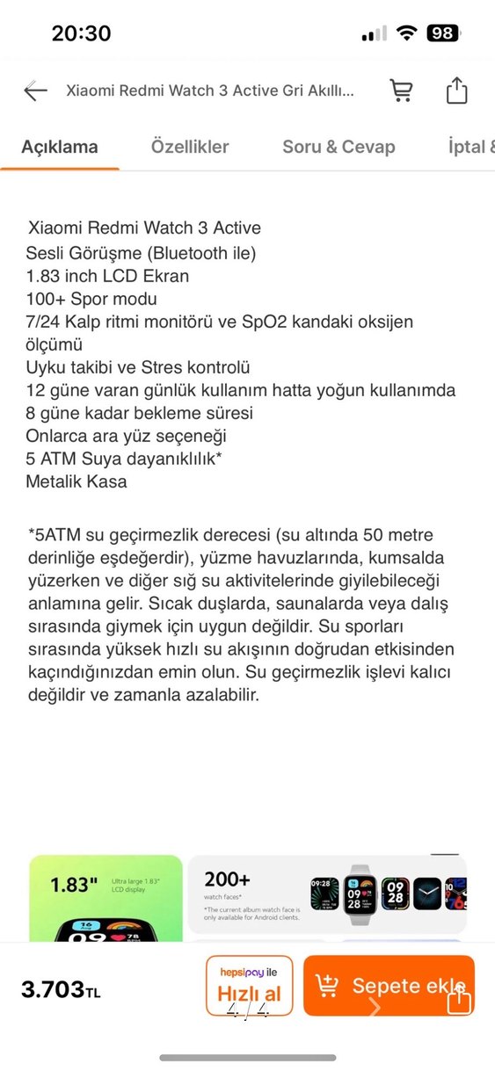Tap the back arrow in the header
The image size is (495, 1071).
(x=35, y=90)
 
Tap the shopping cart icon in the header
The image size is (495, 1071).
(x=401, y=90)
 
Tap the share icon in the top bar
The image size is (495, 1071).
(x=456, y=90)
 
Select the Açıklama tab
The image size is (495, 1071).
(x=60, y=147)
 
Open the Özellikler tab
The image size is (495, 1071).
(x=190, y=147)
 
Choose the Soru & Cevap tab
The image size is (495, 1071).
(x=338, y=147)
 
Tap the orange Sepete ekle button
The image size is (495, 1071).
(x=389, y=986)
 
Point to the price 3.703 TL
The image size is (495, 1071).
(x=61, y=989)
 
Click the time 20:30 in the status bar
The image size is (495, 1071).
(x=81, y=33)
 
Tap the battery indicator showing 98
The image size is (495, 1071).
(x=442, y=33)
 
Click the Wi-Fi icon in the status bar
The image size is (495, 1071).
(x=405, y=33)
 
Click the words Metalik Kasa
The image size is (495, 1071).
(x=76, y=481)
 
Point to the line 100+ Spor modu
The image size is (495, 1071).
(x=91, y=300)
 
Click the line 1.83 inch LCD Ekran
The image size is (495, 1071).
(x=107, y=276)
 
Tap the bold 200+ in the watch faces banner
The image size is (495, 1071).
(x=227, y=879)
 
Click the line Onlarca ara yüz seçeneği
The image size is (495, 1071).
(x=125, y=436)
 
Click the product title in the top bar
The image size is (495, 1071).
(x=210, y=90)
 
